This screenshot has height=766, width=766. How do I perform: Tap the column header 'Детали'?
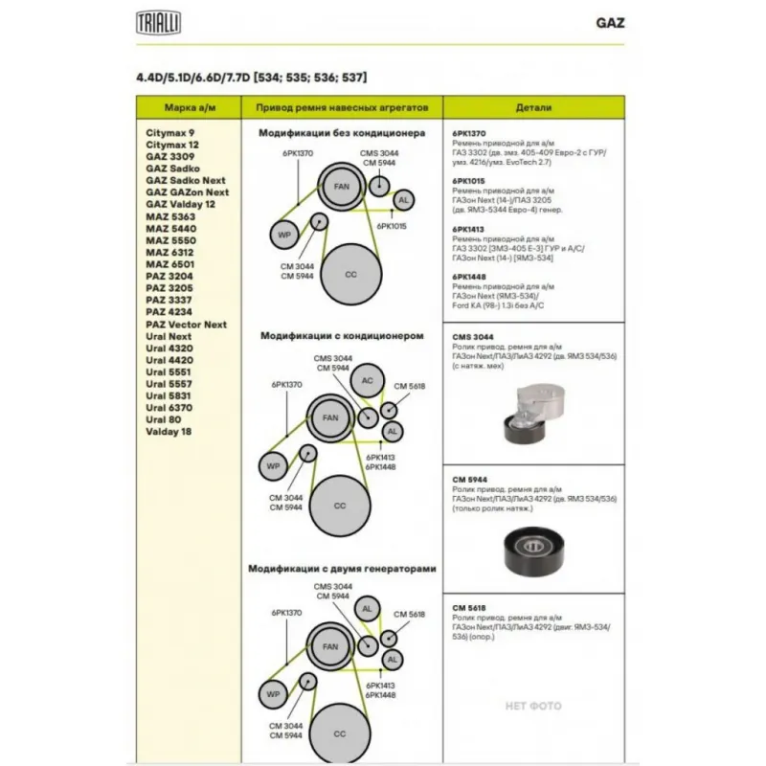[x=531, y=108]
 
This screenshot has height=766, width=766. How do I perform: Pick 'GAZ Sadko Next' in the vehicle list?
[x=186, y=180]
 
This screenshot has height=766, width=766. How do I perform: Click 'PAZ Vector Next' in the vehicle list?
[x=186, y=325]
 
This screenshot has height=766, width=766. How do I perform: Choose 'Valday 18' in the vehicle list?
[x=169, y=433]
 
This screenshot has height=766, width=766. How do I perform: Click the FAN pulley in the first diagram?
[x=341, y=186]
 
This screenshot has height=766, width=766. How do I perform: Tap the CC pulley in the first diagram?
[x=350, y=275]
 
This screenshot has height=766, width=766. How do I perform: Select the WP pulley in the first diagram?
[x=284, y=235]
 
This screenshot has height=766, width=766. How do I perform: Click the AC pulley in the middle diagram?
[x=367, y=381]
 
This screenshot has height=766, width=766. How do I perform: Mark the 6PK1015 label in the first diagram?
[x=392, y=226]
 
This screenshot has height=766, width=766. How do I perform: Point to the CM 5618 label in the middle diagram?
[x=410, y=386]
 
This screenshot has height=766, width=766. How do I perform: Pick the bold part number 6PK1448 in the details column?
[x=468, y=277]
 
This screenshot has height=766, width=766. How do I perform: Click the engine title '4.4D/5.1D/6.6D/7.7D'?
[x=191, y=76]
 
